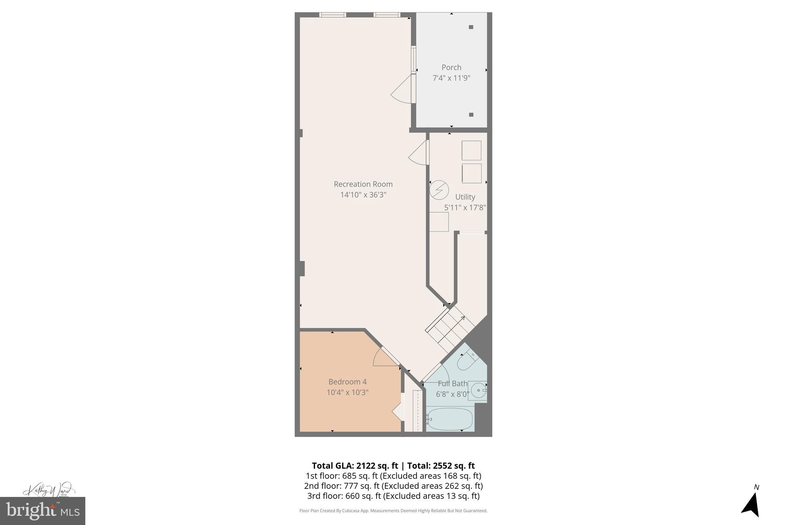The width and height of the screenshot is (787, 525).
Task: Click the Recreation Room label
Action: coord(363,184)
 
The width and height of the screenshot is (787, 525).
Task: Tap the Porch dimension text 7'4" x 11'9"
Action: coord(452,78)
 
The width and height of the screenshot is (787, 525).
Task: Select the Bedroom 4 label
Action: coord(347,382)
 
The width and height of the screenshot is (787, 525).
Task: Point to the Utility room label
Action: coord(465,197)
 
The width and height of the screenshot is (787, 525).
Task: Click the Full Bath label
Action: coord(453,383)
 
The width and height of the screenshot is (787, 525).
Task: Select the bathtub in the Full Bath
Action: coord(450,419)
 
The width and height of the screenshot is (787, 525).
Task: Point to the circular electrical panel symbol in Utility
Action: coord(439,190)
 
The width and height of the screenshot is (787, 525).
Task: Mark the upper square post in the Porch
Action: coord(471,27)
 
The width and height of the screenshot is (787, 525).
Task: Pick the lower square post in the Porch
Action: coord(471,115)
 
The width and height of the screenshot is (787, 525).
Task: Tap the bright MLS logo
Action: coord(43,511)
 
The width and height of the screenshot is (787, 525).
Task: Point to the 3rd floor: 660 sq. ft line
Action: coord(393,496)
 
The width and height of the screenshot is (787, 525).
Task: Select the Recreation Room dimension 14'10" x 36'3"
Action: coord(363,195)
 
